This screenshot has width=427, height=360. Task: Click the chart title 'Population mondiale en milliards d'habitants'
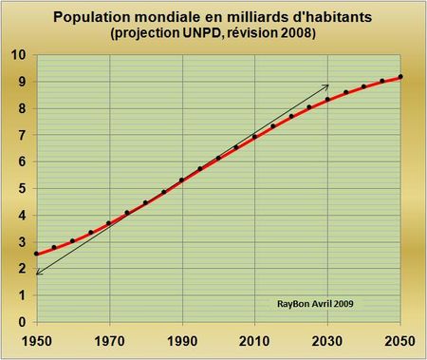[x=213, y=17]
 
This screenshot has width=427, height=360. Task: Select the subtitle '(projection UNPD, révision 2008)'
[x=213, y=34]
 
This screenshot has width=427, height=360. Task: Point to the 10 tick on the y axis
[x=19, y=55]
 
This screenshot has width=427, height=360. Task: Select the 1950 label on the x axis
[x=37, y=337]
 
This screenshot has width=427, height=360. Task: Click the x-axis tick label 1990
[x=181, y=337]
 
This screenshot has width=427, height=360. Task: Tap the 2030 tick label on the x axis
[x=327, y=337]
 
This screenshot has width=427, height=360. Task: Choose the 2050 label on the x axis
[x=399, y=337]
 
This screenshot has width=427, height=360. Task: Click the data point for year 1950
[x=37, y=254]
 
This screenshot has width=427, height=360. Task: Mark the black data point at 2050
[x=400, y=77]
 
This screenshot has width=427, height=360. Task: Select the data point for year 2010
[x=254, y=137]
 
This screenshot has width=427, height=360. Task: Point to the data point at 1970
[x=109, y=223]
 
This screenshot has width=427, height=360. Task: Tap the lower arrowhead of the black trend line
[x=38, y=274]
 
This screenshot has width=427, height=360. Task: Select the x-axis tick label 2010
[x=254, y=337]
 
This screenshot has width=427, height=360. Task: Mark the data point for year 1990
[x=181, y=180]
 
